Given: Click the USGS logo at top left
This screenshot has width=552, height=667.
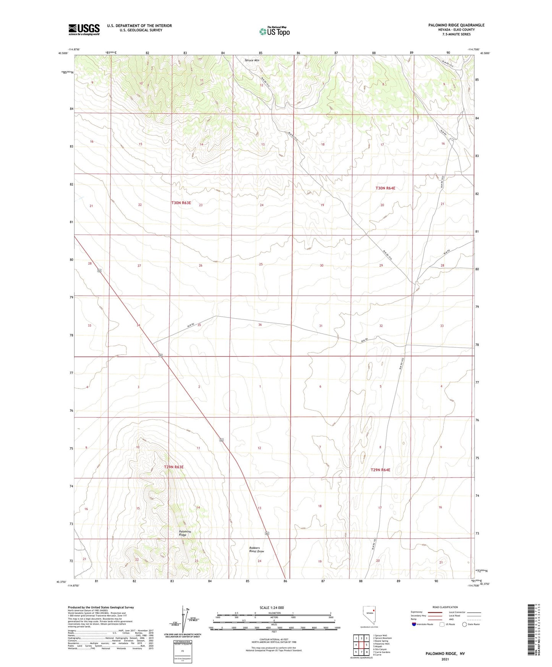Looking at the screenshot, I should [84, 29].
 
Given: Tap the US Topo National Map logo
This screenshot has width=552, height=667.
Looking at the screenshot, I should [274, 31].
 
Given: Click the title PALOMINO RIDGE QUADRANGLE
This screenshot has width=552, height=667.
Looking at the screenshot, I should [456, 25].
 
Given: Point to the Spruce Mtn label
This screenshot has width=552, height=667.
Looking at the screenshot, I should [252, 60].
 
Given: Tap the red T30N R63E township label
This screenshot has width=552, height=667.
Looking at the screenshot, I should [181, 203].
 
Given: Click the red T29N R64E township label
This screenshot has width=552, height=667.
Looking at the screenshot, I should [380, 469].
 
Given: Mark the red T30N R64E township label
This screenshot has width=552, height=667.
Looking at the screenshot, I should [385, 188].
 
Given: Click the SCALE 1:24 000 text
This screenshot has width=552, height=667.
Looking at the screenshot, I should [271, 608].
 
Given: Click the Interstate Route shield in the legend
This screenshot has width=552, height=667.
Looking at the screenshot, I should [414, 624].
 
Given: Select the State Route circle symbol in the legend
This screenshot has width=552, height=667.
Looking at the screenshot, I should [465, 624].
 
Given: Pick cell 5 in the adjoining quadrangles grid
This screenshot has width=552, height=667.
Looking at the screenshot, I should [366, 645].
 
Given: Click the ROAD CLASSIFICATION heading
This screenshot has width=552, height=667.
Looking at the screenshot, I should [445, 607].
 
